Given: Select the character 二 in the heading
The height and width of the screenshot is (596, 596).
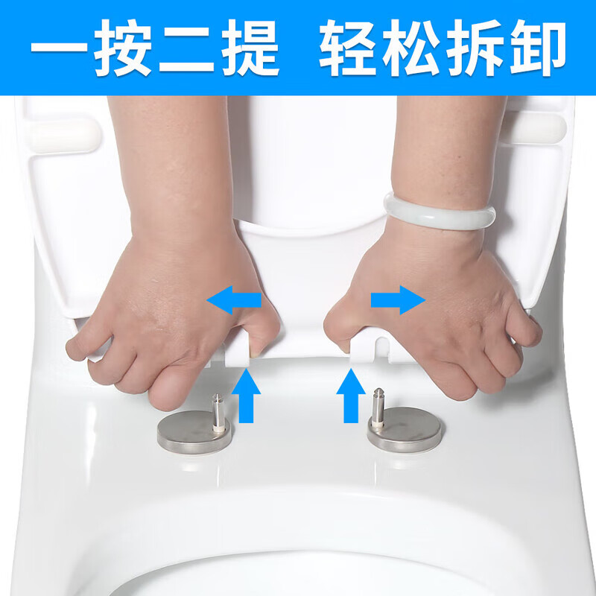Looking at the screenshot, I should click(x=186, y=48).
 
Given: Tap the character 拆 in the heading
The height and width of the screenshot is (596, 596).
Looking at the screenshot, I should click(x=474, y=48).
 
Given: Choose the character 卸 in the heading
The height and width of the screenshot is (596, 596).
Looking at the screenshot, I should click(x=536, y=48).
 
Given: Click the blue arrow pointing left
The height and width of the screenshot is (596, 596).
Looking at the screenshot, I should click(x=233, y=300).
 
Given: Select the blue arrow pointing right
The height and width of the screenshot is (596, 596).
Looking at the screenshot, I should click(x=398, y=299).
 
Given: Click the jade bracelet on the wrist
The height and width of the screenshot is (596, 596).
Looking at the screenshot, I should click(x=440, y=212).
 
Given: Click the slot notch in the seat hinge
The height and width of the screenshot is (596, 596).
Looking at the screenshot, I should click(x=380, y=347).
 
